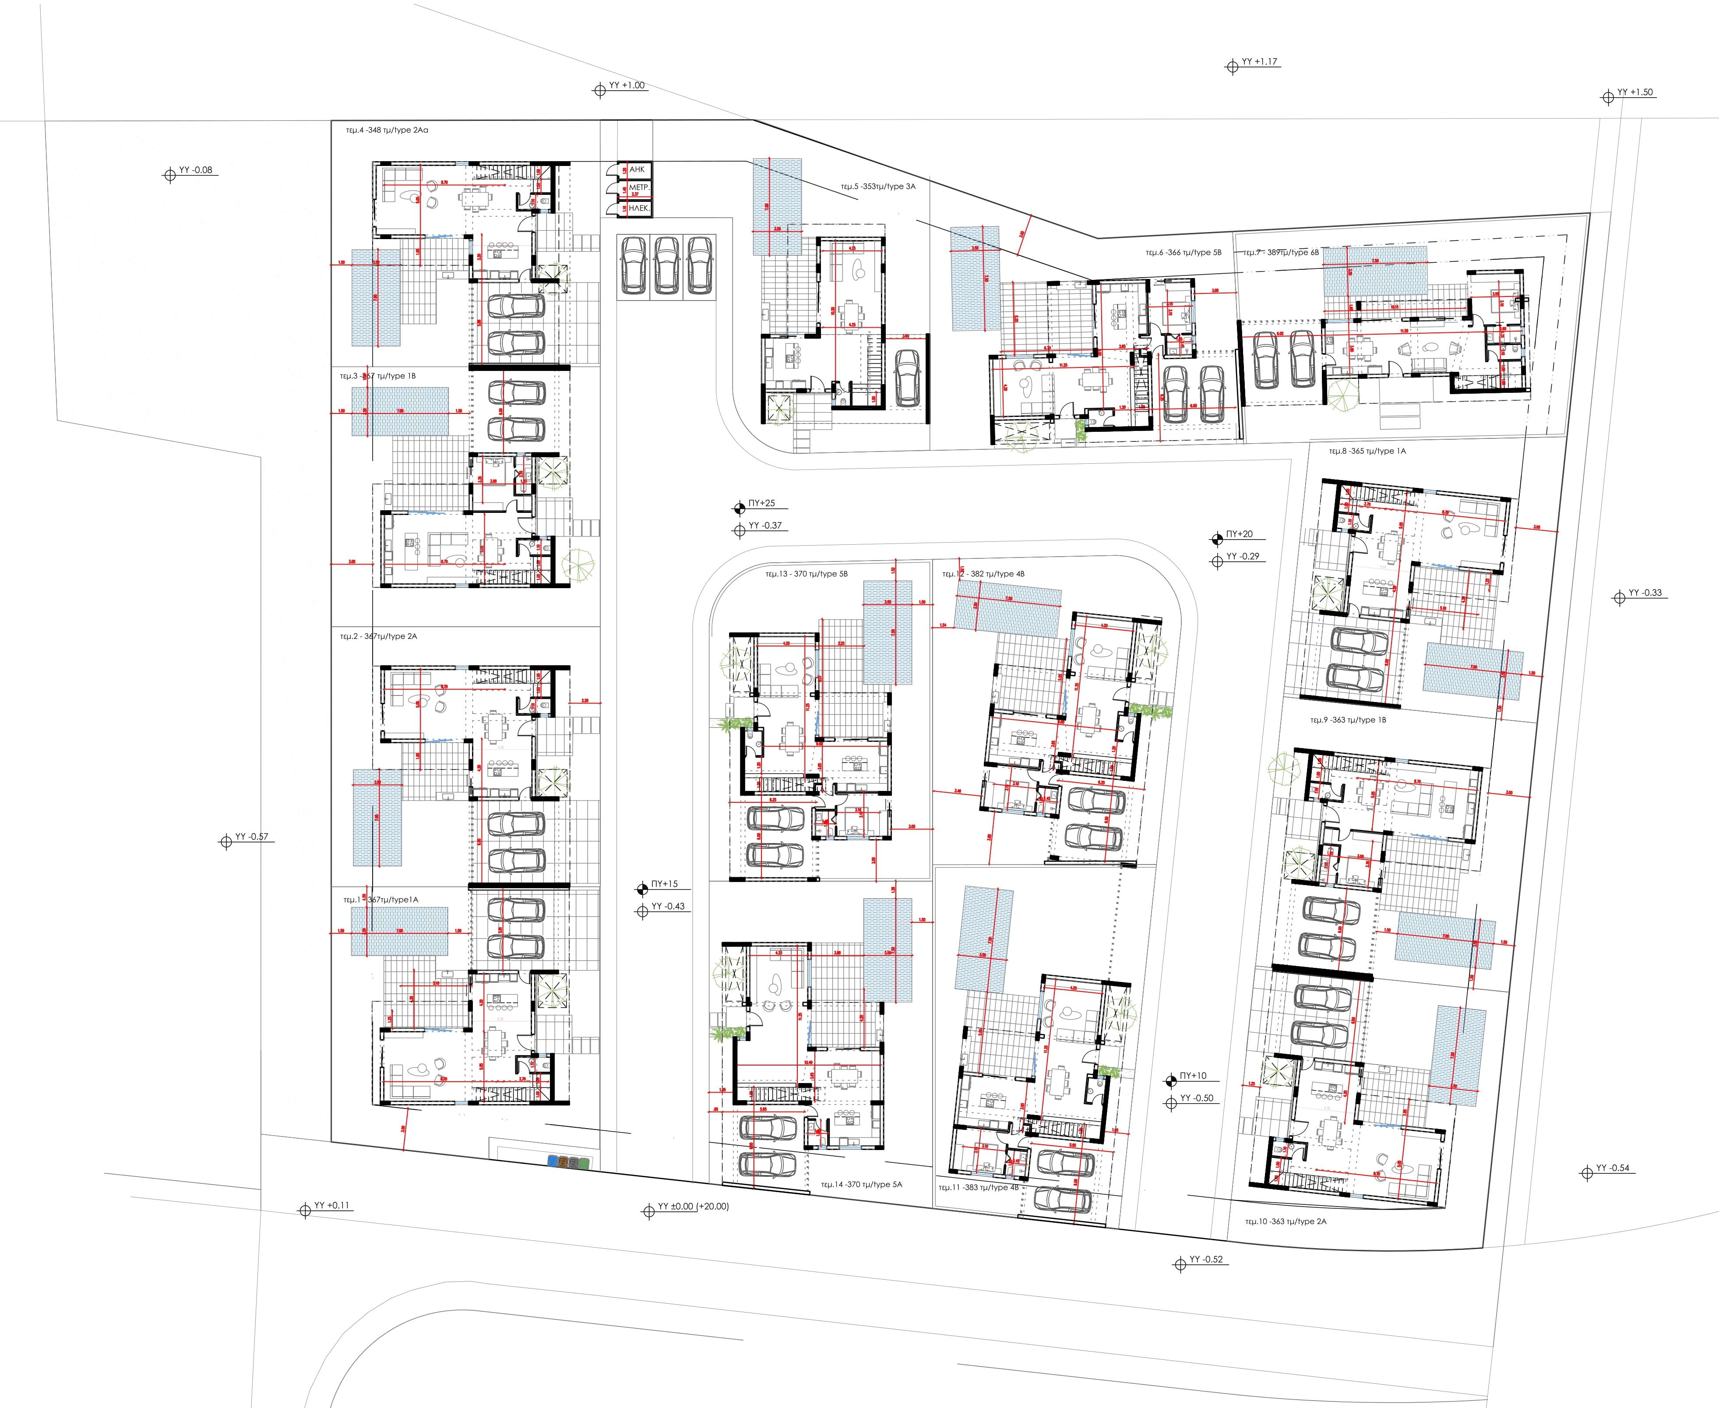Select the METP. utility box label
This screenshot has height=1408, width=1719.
click(x=639, y=188)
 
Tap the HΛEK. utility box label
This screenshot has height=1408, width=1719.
click(x=639, y=208)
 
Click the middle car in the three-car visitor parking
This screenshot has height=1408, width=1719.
click(x=666, y=265)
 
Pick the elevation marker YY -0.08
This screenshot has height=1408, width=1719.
click(x=194, y=170)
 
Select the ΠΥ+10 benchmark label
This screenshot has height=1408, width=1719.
click(x=1192, y=1076)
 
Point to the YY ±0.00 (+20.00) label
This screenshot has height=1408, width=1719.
click(x=693, y=1207)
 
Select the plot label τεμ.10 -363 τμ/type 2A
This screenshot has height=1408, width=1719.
click(x=1285, y=1221)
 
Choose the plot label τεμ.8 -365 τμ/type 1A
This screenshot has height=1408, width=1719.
click(x=1366, y=451)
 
